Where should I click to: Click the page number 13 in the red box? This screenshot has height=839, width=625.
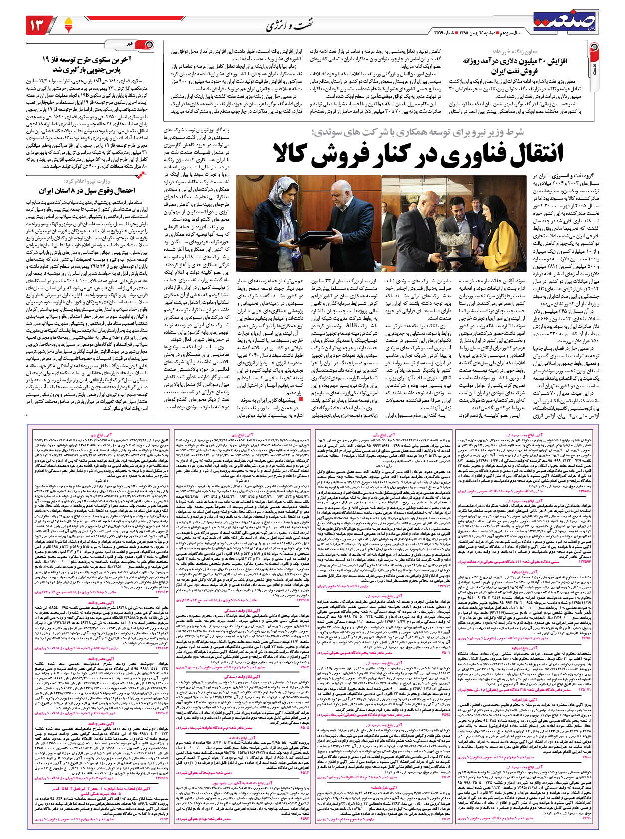coord(39,24)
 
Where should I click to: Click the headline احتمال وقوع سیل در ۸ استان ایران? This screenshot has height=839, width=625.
coord(87,191)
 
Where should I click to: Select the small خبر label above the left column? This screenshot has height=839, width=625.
coord(129,44)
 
